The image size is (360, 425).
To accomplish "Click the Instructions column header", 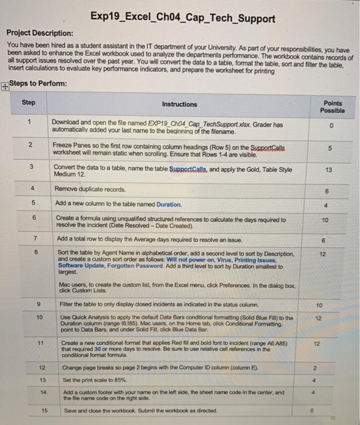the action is point(180,104).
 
